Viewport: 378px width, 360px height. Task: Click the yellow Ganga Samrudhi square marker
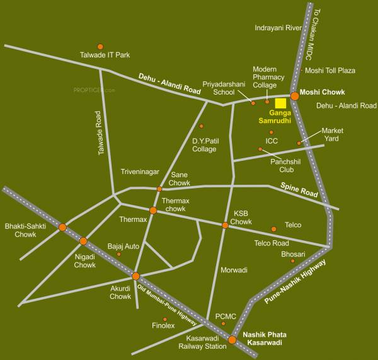(x=281, y=104)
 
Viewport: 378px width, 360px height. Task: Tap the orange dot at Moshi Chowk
(x=294, y=96)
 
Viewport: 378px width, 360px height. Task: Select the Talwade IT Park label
(x=108, y=55)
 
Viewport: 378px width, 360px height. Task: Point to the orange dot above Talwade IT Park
(x=100, y=46)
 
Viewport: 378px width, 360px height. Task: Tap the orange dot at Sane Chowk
(x=159, y=189)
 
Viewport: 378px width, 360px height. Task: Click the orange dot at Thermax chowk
(x=153, y=211)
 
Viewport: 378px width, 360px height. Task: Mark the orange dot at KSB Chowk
(x=225, y=225)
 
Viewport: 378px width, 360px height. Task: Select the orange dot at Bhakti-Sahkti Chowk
(x=62, y=227)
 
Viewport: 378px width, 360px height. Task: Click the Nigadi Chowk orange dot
(x=83, y=240)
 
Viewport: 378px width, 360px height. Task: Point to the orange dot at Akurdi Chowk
(x=135, y=276)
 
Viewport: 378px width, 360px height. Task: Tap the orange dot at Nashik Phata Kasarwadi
(x=232, y=340)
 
